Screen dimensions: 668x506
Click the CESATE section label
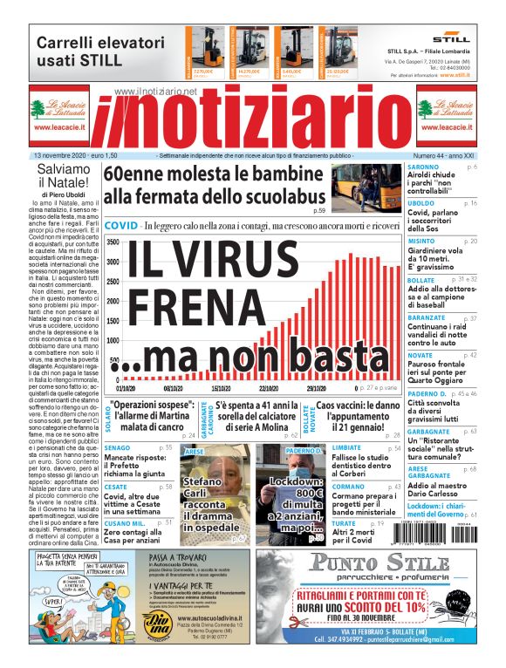116,487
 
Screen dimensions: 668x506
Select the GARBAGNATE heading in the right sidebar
429,431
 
